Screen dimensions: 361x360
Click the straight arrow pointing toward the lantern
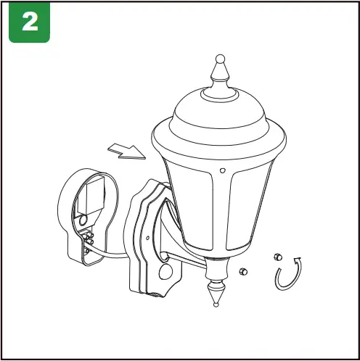[126, 150]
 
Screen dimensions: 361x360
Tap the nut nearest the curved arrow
[276, 257]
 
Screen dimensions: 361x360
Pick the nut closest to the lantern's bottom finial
[243, 272]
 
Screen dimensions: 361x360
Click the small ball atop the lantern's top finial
[219, 59]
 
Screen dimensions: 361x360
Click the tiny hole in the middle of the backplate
[151, 236]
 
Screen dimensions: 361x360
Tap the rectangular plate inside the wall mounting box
[94, 195]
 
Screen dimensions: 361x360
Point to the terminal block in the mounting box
[89, 236]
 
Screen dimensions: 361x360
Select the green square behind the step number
[29, 22]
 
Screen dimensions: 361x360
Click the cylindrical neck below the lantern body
[216, 270]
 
